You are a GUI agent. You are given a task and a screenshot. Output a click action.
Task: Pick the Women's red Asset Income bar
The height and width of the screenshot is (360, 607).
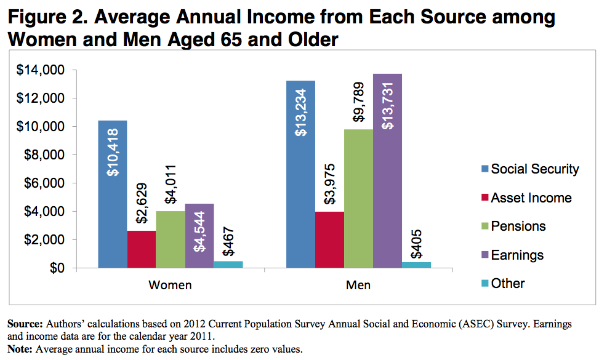click(x=142, y=249)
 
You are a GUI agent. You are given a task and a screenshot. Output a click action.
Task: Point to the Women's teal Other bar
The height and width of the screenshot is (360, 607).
click(x=228, y=265)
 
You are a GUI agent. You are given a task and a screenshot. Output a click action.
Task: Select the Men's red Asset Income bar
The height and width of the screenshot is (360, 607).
click(x=329, y=240)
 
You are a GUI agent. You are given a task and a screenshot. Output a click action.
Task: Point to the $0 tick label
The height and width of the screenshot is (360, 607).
click(x=58, y=268)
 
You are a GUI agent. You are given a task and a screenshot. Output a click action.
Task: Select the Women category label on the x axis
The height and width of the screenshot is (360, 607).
click(x=170, y=286)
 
